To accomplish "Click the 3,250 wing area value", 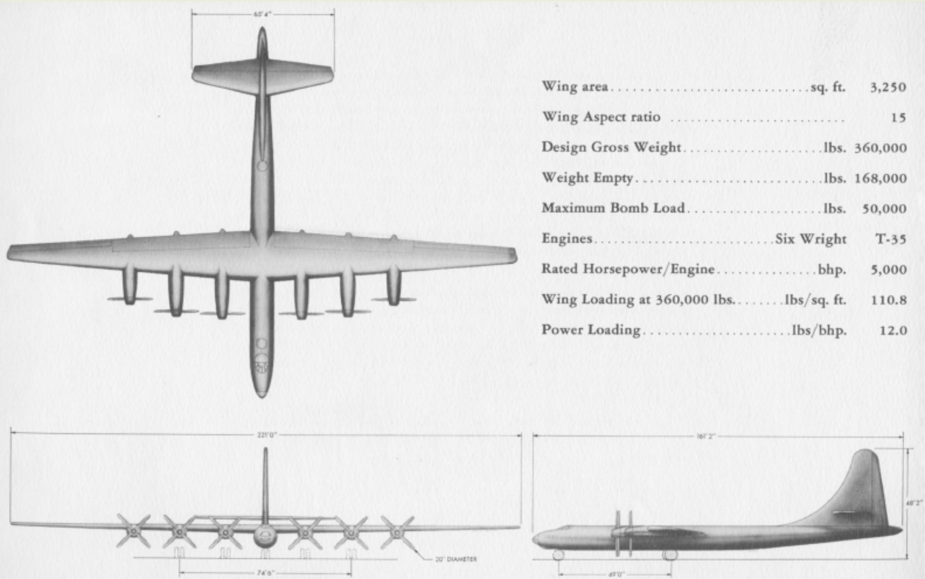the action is click(x=888, y=87).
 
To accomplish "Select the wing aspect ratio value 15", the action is click(x=898, y=118).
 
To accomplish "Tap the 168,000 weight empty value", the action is click(x=880, y=178).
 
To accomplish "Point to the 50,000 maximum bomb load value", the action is click(x=884, y=208).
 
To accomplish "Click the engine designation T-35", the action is click(x=891, y=239).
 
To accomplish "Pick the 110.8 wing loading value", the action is click(x=888, y=300).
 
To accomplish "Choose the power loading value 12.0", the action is click(x=893, y=330).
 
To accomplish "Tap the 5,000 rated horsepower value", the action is click(x=888, y=269).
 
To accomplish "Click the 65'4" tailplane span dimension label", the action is click(x=263, y=14).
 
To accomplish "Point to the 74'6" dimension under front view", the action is click(x=266, y=573).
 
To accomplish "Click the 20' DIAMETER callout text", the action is click(x=456, y=560).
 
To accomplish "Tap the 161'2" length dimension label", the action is click(x=705, y=436).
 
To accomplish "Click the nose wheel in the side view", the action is click(x=558, y=555).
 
